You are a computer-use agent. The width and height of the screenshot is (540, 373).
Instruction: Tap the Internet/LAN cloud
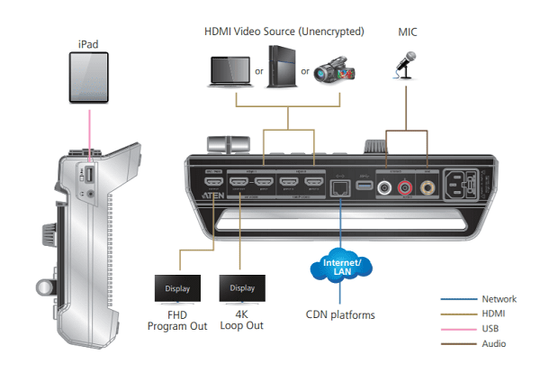point(340,268)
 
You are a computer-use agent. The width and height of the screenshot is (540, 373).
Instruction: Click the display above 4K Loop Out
point(242,290)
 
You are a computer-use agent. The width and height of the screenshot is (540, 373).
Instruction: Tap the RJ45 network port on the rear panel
point(341,186)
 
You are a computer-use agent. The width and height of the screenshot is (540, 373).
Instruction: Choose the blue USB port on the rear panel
point(365,186)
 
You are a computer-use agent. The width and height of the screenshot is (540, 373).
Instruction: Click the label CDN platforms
point(340,314)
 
